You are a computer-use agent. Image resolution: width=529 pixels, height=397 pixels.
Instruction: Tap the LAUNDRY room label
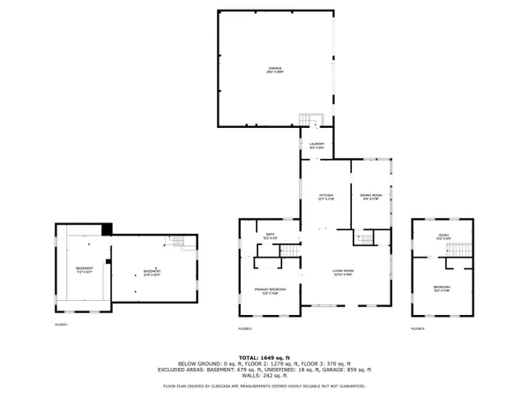tap(317, 146)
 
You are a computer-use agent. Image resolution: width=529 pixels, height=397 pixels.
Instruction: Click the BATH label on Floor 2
tap(271, 236)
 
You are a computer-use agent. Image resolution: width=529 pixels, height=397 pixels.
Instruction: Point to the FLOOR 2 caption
tap(245, 328)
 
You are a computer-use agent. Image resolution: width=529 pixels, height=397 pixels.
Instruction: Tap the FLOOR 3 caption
tap(418, 328)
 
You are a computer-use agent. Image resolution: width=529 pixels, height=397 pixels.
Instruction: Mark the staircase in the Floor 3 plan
tap(456, 255)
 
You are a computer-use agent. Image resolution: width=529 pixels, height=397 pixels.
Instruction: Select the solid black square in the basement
tap(107, 229)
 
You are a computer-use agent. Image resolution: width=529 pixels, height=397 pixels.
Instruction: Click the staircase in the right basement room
tap(179, 244)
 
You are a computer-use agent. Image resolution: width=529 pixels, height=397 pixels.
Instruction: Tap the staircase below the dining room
tap(366, 239)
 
